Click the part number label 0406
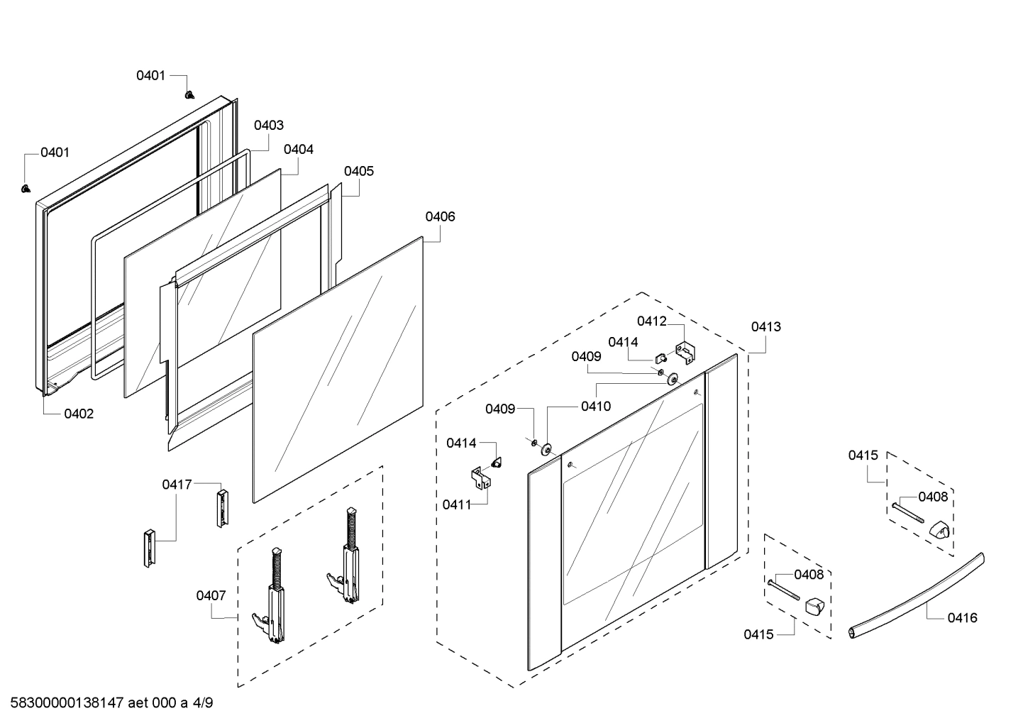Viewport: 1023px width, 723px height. tap(440, 216)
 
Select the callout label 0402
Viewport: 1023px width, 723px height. tap(79, 414)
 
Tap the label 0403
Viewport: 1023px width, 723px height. tap(269, 125)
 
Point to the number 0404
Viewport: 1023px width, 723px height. tap(298, 150)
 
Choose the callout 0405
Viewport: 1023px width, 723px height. tap(359, 171)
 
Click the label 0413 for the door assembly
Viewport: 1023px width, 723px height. tap(766, 326)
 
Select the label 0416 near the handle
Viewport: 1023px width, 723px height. tap(962, 617)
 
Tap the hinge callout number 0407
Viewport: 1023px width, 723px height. tap(211, 595)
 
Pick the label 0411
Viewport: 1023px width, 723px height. tap(457, 504)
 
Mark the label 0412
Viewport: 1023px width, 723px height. tap(651, 321)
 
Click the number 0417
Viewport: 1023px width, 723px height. tap(177, 485)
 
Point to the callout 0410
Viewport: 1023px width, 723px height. tap(595, 407)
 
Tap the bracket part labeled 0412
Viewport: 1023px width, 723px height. tap(685, 353)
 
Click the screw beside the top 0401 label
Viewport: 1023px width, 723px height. tap(189, 94)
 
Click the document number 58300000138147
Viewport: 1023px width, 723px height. tap(65, 704)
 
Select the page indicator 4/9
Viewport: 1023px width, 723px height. tap(203, 704)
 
